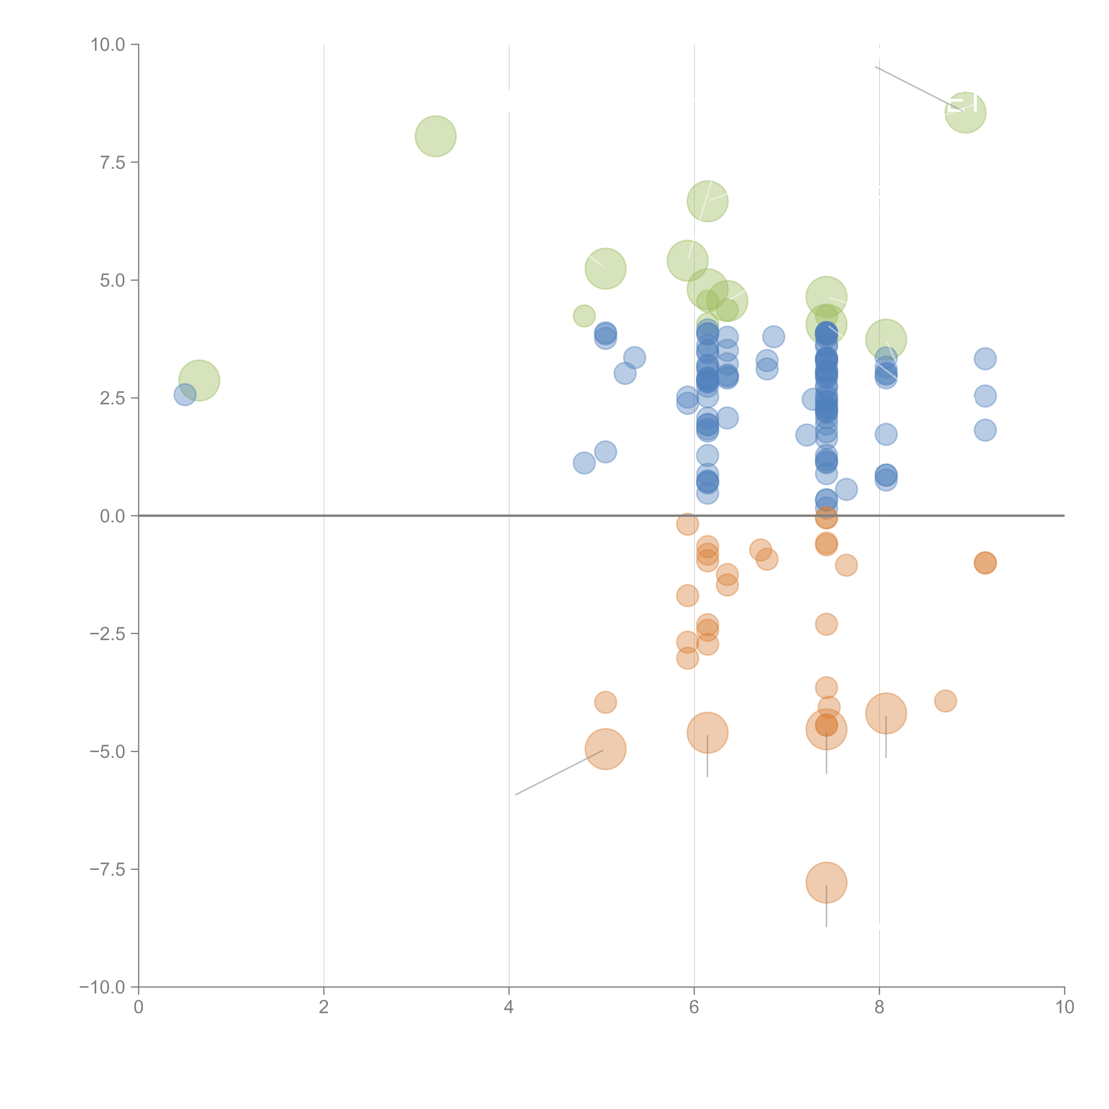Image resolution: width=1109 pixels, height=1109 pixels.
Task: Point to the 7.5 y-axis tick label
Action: coord(112,162)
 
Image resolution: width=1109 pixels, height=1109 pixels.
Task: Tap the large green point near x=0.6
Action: coord(199,380)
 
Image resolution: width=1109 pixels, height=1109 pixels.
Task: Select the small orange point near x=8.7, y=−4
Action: coord(945,701)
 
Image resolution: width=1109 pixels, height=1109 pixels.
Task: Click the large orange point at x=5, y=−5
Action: coord(605,749)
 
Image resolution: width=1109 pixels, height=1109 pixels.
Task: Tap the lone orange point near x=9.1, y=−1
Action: coord(985,563)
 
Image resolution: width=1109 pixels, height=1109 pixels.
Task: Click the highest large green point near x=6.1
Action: coord(707,201)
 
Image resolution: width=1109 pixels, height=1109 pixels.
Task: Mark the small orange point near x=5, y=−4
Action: coord(605,702)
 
